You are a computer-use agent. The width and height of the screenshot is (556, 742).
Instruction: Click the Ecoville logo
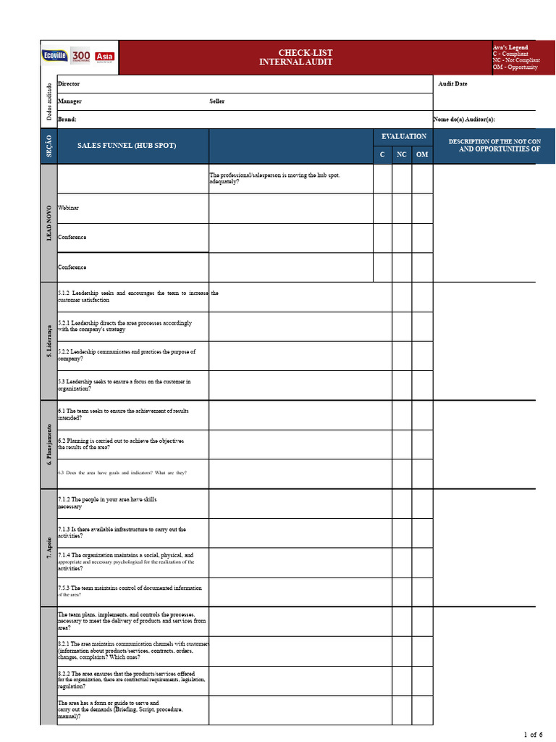55,57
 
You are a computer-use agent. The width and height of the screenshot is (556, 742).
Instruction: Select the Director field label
69,84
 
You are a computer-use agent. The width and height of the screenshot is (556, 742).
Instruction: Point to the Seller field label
217,101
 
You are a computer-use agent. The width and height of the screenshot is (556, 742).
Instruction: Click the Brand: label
67,120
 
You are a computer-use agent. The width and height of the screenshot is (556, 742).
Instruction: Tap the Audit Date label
453,84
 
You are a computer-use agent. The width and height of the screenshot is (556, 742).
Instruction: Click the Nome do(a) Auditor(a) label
464,120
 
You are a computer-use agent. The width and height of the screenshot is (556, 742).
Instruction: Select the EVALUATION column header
403,136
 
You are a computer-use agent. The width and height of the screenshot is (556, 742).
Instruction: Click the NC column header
402,154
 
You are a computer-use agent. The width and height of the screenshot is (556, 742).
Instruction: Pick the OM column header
422,154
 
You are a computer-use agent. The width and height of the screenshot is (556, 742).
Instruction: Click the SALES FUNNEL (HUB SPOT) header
127,146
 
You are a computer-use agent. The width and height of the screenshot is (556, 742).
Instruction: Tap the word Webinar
69,208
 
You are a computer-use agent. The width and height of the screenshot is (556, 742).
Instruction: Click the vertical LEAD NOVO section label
49,223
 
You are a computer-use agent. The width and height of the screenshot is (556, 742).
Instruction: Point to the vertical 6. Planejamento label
49,444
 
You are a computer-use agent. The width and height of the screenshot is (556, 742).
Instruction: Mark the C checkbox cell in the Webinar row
382,209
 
